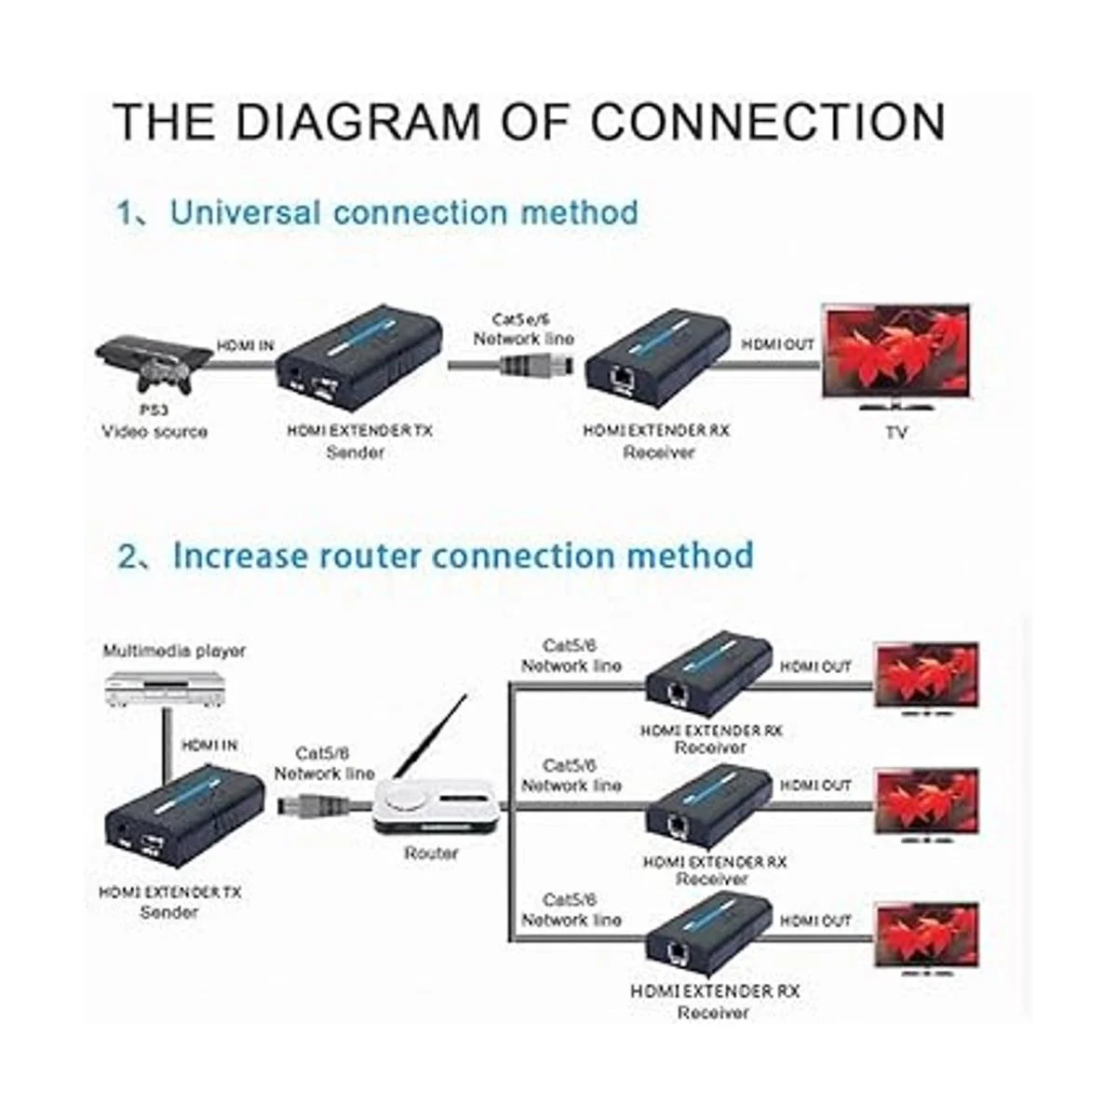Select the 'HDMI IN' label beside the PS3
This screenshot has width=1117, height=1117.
[x=246, y=345]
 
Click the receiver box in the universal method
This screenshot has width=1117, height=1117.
[x=645, y=361]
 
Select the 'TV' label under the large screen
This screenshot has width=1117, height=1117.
[x=895, y=433]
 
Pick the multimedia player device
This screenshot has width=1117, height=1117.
[x=165, y=689]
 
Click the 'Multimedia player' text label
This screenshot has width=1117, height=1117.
[x=174, y=651]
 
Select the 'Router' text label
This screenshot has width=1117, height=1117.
[x=431, y=853]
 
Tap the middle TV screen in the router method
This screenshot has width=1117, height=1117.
[x=927, y=803]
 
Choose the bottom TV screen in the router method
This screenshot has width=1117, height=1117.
[x=927, y=936]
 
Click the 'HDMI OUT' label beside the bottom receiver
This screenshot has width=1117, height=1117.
[x=815, y=921]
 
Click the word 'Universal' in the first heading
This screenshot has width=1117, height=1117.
[x=245, y=212]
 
